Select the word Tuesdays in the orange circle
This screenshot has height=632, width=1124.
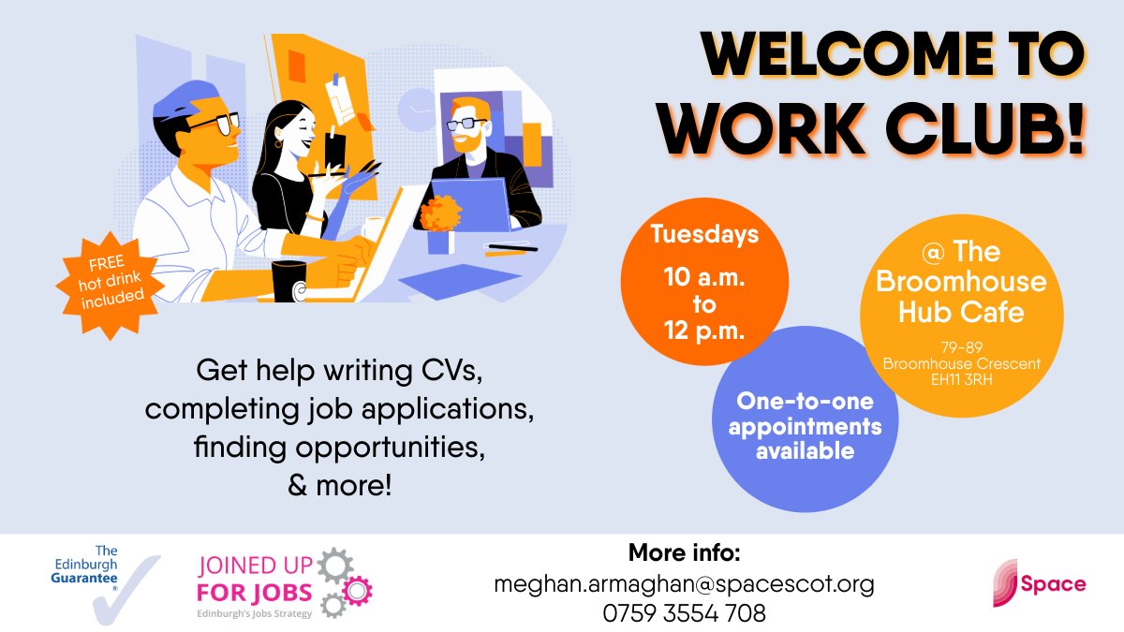(704, 233)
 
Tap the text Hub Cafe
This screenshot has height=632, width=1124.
(961, 312)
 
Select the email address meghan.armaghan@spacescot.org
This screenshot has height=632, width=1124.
(684, 584)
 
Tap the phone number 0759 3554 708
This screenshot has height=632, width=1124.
(684, 613)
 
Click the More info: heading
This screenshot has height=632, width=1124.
(684, 551)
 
